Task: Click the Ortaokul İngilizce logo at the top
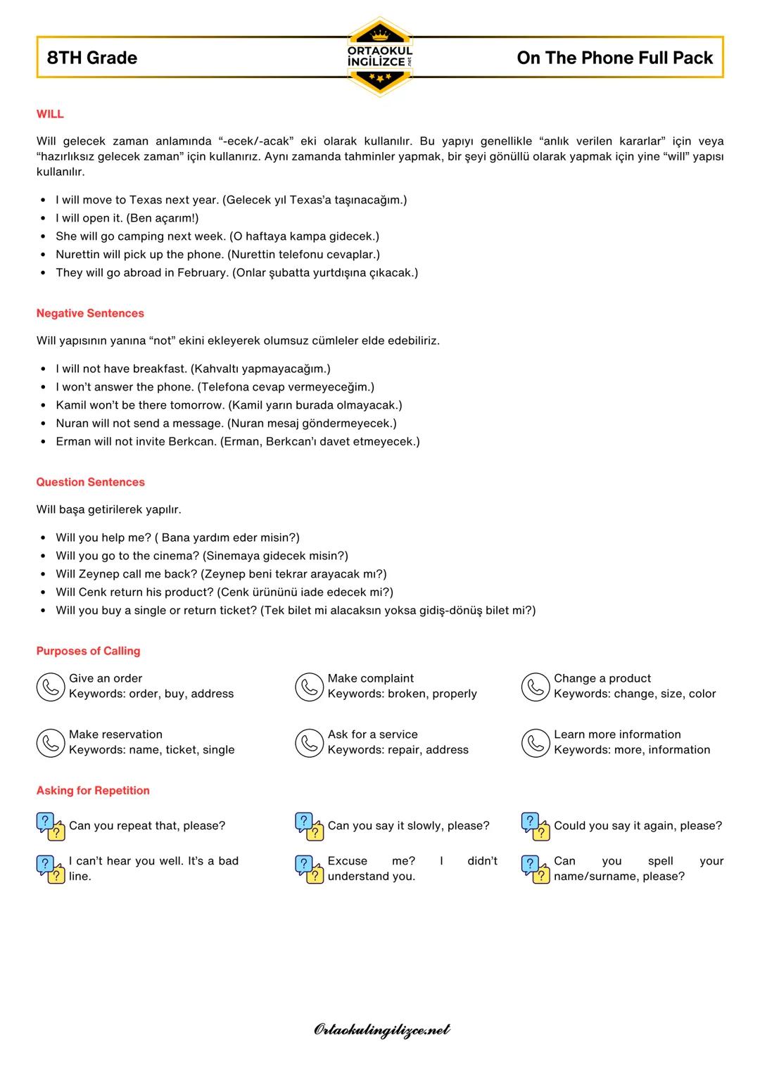tap(380, 56)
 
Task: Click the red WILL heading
tap(50, 114)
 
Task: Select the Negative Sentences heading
tap(90, 313)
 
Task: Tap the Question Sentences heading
tap(90, 482)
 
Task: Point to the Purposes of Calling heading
tap(88, 651)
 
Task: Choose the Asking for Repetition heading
tap(93, 790)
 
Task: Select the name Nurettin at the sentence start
tap(80, 254)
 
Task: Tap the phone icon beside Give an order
tap(50, 687)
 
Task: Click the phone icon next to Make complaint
tap(309, 687)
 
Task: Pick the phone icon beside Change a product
tap(536, 687)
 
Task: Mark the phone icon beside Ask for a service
tap(309, 743)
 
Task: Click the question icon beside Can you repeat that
tap(50, 827)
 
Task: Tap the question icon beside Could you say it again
tap(536, 827)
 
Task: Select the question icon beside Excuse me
tap(309, 869)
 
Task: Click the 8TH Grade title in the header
tap(92, 58)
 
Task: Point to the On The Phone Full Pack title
tap(614, 58)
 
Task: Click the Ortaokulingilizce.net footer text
tap(381, 1030)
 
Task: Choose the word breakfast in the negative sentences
tap(159, 368)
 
